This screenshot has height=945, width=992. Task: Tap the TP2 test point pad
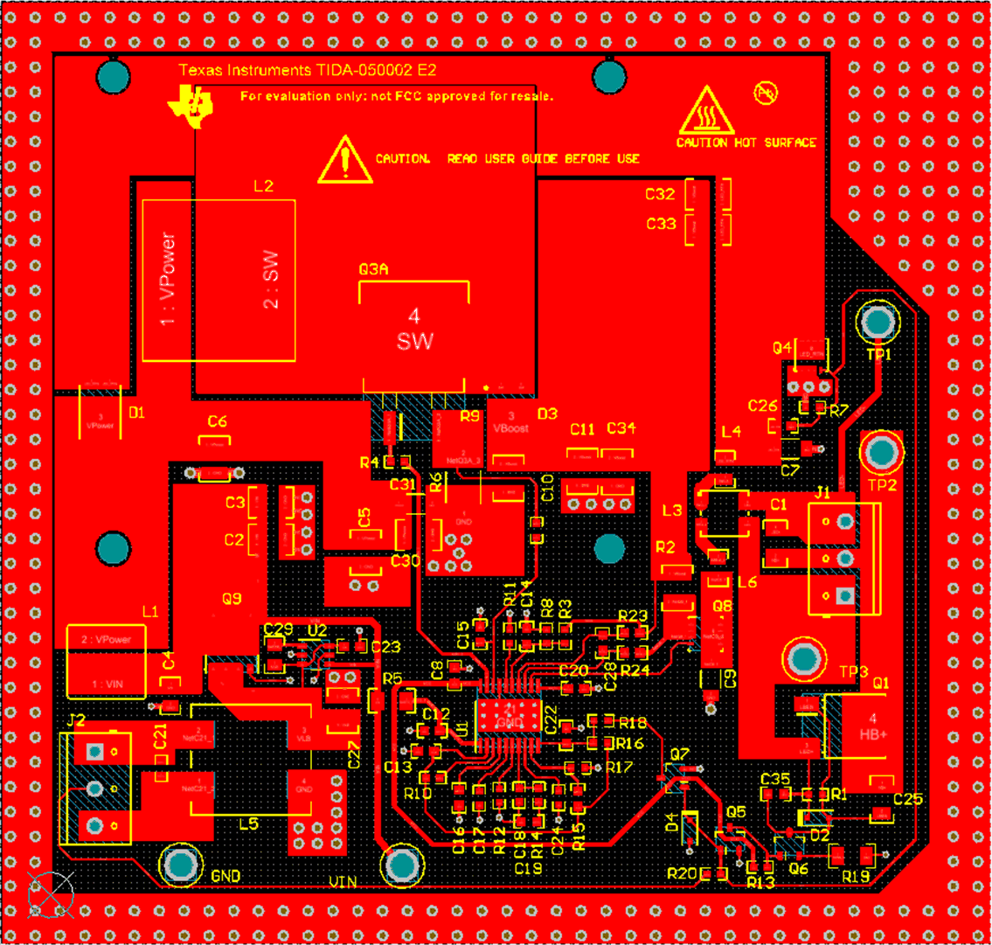884,453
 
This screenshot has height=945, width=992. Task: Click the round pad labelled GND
181,865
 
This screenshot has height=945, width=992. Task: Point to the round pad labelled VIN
403,865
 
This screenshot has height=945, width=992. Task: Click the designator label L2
263,186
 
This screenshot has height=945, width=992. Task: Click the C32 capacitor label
661,194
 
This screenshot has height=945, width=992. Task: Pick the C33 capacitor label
661,224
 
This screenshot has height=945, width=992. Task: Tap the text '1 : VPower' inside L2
169,279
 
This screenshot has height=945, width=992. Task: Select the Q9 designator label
232,600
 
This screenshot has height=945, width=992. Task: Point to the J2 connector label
77,720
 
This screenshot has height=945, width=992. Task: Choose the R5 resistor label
392,678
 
